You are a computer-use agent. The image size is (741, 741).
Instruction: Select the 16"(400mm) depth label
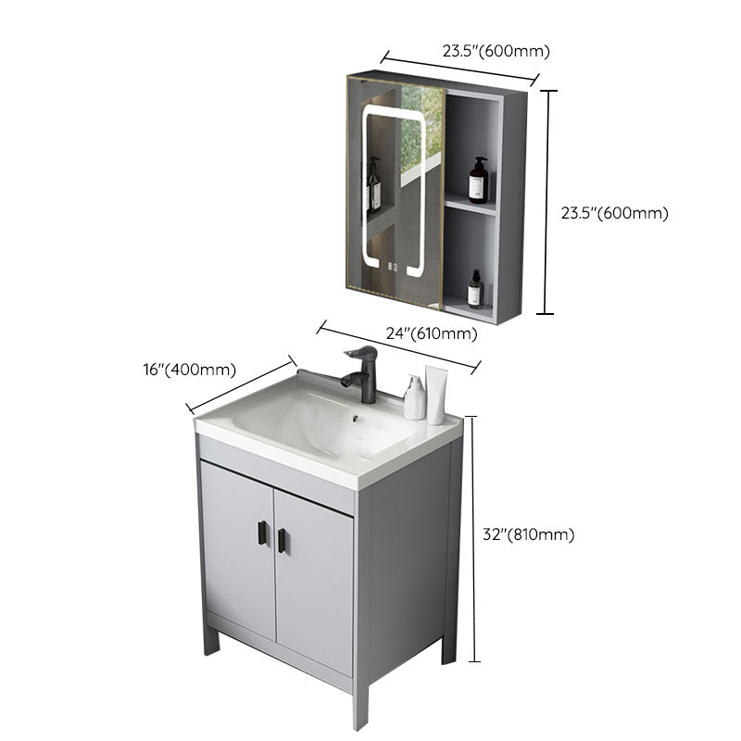coord(190,370)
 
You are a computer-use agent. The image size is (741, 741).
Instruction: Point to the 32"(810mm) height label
coord(530,534)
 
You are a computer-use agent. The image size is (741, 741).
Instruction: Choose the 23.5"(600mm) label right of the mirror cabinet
coord(614,212)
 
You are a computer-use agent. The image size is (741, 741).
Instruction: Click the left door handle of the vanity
coord(261,534)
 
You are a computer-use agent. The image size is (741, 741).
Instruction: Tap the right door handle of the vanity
coord(282,540)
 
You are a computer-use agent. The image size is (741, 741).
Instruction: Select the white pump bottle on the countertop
coord(415,397)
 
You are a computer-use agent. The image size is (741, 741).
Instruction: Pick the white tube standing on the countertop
coord(436,394)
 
